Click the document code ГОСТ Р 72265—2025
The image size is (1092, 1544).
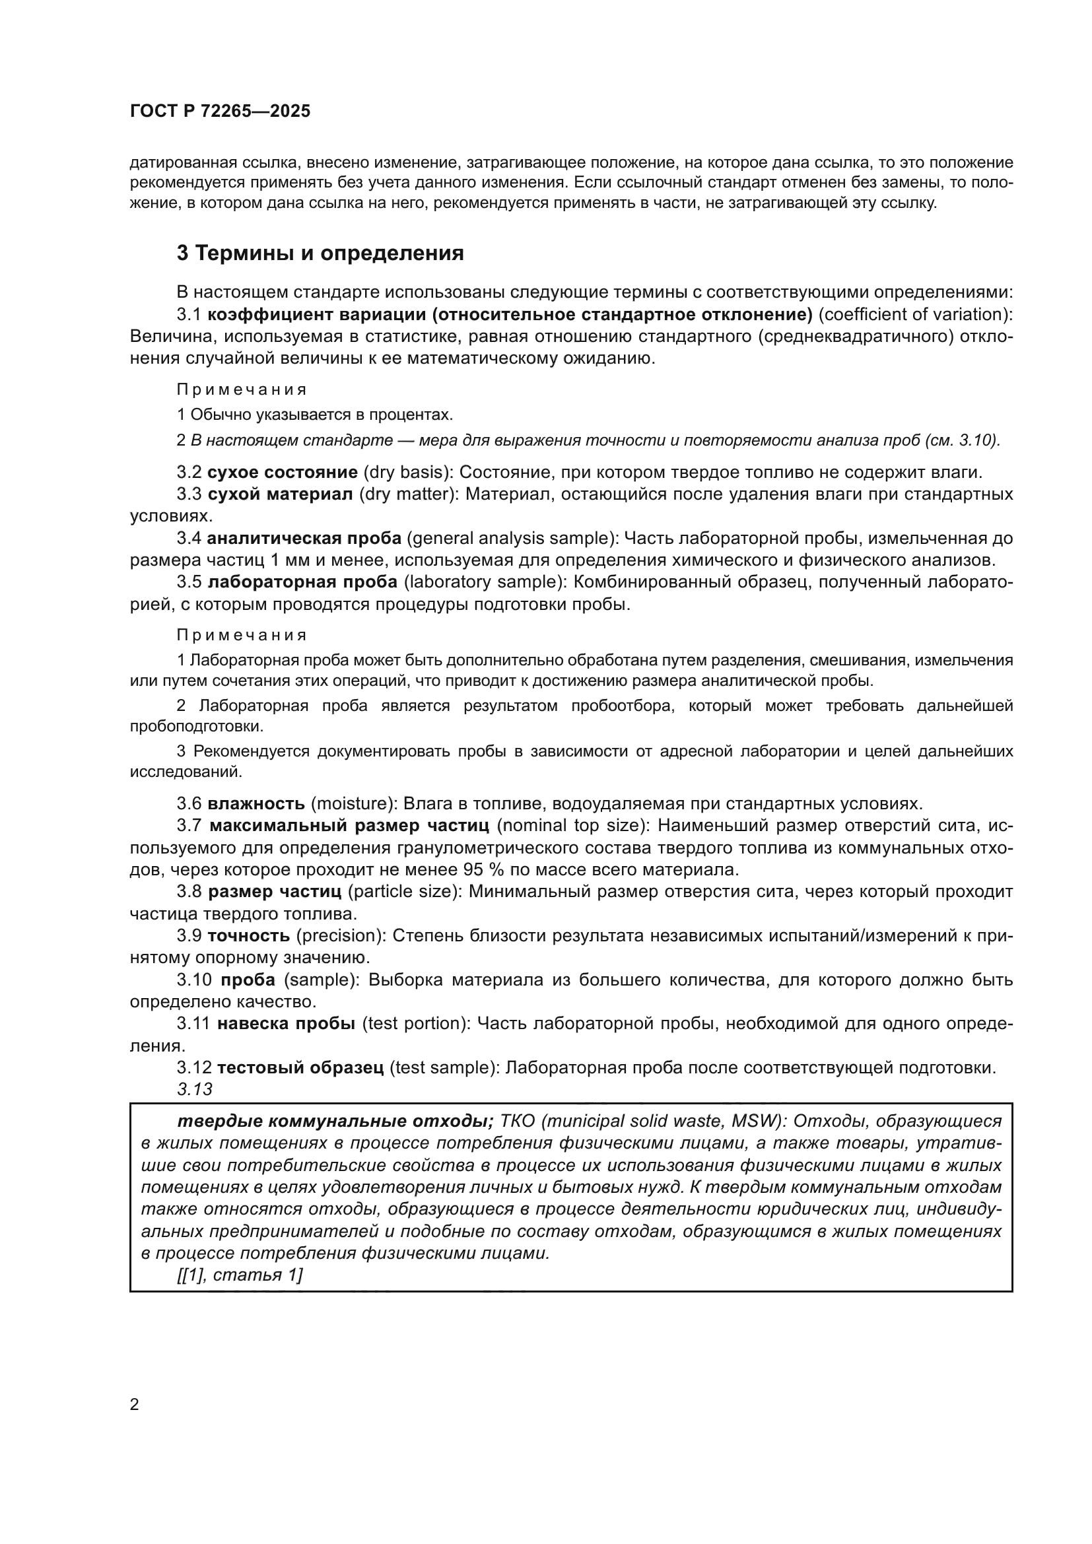pos(220,112)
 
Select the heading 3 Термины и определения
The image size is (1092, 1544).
pos(320,253)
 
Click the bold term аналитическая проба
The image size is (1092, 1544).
pos(304,538)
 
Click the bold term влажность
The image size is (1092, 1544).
pos(256,803)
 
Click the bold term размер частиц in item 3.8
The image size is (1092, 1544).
pos(275,892)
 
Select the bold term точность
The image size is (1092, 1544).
pos(249,935)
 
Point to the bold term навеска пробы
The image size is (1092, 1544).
pos(287,1024)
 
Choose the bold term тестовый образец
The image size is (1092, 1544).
pos(300,1067)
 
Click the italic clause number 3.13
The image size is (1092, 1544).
pos(195,1089)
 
